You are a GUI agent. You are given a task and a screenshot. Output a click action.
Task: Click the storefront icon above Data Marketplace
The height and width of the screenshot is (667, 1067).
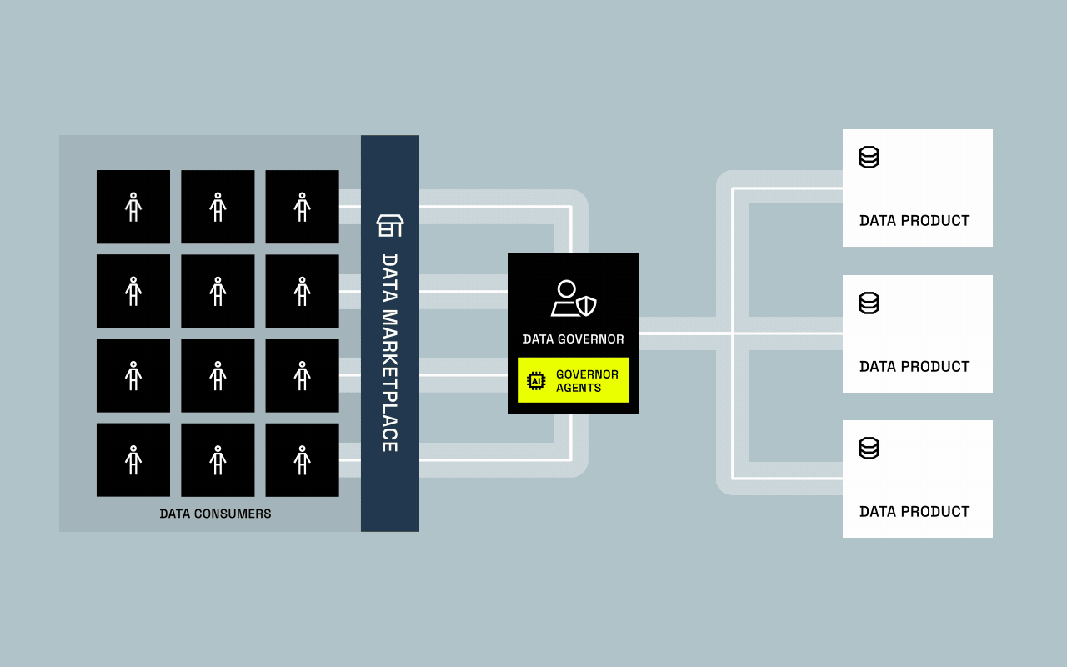[390, 225]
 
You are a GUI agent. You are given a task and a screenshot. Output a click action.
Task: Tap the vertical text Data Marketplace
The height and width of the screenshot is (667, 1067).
[389, 353]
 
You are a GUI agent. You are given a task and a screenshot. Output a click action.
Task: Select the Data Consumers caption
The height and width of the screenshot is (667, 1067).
[215, 514]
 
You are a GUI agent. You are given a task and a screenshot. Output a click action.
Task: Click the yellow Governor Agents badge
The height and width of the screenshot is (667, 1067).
[574, 380]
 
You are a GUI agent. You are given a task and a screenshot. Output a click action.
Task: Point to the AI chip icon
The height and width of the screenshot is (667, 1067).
[536, 381]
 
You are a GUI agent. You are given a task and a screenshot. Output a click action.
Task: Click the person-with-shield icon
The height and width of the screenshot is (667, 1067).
[574, 298]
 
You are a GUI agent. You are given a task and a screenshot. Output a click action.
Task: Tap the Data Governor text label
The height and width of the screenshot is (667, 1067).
[574, 339]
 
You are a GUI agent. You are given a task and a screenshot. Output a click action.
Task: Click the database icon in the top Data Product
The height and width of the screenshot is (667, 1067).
[869, 157]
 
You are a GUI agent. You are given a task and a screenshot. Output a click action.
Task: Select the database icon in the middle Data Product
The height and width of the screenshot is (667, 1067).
[869, 303]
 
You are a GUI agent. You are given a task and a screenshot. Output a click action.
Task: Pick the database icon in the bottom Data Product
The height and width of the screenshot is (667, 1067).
[869, 448]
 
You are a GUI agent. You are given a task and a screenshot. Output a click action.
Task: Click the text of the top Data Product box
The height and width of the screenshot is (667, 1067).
[914, 221]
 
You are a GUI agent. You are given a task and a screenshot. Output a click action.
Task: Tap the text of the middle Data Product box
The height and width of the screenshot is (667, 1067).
[914, 367]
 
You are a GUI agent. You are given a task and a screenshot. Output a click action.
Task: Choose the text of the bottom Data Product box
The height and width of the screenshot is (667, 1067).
[914, 512]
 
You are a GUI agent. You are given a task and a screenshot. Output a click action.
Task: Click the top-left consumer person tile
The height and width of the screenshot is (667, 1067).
[133, 207]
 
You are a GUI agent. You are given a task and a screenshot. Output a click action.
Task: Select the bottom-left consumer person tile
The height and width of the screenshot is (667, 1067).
[133, 459]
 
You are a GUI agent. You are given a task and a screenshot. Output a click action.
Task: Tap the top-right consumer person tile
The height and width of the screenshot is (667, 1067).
[302, 207]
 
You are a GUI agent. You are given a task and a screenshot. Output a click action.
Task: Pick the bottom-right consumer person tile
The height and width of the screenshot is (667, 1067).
[302, 459]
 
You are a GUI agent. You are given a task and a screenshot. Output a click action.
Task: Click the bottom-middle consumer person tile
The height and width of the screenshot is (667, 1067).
[218, 459]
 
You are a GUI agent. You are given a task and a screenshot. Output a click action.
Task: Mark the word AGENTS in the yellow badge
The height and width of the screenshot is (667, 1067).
[579, 388]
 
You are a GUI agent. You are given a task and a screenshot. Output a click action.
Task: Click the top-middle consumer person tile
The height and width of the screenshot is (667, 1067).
[218, 207]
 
